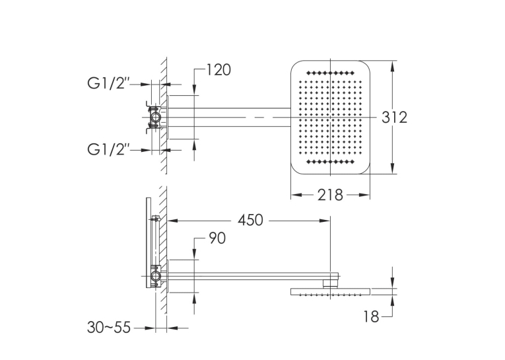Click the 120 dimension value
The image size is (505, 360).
(219, 70)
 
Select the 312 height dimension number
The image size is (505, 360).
(394, 118)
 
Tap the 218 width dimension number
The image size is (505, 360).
(330, 195)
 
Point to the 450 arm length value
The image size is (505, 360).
(250, 221)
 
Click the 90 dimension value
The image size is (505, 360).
(217, 238)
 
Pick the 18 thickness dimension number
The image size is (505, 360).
(372, 317)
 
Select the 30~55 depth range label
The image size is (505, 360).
(109, 328)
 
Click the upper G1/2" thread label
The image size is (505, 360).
(108, 84)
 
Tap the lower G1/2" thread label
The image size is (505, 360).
(108, 149)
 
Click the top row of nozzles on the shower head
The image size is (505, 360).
(331, 73)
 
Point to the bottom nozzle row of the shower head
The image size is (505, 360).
(331, 162)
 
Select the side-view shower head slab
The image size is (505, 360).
(331, 292)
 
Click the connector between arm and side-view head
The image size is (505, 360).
(331, 283)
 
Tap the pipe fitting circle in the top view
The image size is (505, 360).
(156, 118)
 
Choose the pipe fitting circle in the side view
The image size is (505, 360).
(156, 276)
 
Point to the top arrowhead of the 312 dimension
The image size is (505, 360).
(392, 66)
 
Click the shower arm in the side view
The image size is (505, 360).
(253, 276)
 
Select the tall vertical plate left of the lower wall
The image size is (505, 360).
(149, 242)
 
